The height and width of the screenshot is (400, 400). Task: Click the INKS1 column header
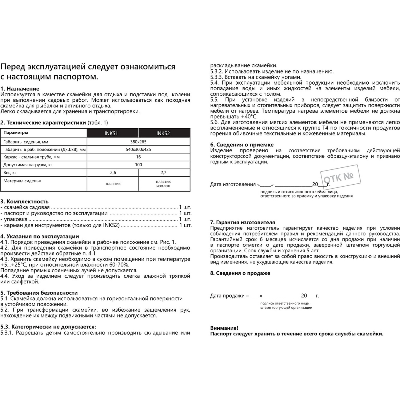pyautogui.click(x=111, y=133)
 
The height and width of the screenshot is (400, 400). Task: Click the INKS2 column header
pyautogui.click(x=163, y=133)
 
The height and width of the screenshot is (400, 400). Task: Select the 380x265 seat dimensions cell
pyautogui.click(x=138, y=142)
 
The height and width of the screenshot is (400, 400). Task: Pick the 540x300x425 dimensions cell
pyautogui.click(x=138, y=149)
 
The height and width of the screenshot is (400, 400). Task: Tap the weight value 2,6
pyautogui.click(x=113, y=173)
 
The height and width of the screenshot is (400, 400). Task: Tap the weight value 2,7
pyautogui.click(x=163, y=173)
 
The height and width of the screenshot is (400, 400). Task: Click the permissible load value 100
pyautogui.click(x=138, y=165)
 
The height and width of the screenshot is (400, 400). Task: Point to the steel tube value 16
pyautogui.click(x=138, y=157)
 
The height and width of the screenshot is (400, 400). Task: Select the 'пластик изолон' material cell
pyautogui.click(x=163, y=184)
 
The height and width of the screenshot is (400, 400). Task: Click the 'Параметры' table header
pyautogui.click(x=16, y=133)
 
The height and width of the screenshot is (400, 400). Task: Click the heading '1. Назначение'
pyautogui.click(x=20, y=89)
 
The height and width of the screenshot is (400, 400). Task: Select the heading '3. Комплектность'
pyautogui.click(x=24, y=201)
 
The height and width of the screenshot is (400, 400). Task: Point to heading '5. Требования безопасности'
pyautogui.click(x=39, y=293)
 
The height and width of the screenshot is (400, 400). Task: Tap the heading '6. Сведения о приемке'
pyautogui.click(x=242, y=145)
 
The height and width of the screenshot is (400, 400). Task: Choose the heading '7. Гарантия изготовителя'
pyautogui.click(x=243, y=222)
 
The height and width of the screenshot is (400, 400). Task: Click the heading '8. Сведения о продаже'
pyautogui.click(x=240, y=273)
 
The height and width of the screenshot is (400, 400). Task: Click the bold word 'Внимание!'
pyautogui.click(x=224, y=328)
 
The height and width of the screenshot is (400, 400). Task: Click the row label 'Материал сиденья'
pyautogui.click(x=22, y=181)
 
